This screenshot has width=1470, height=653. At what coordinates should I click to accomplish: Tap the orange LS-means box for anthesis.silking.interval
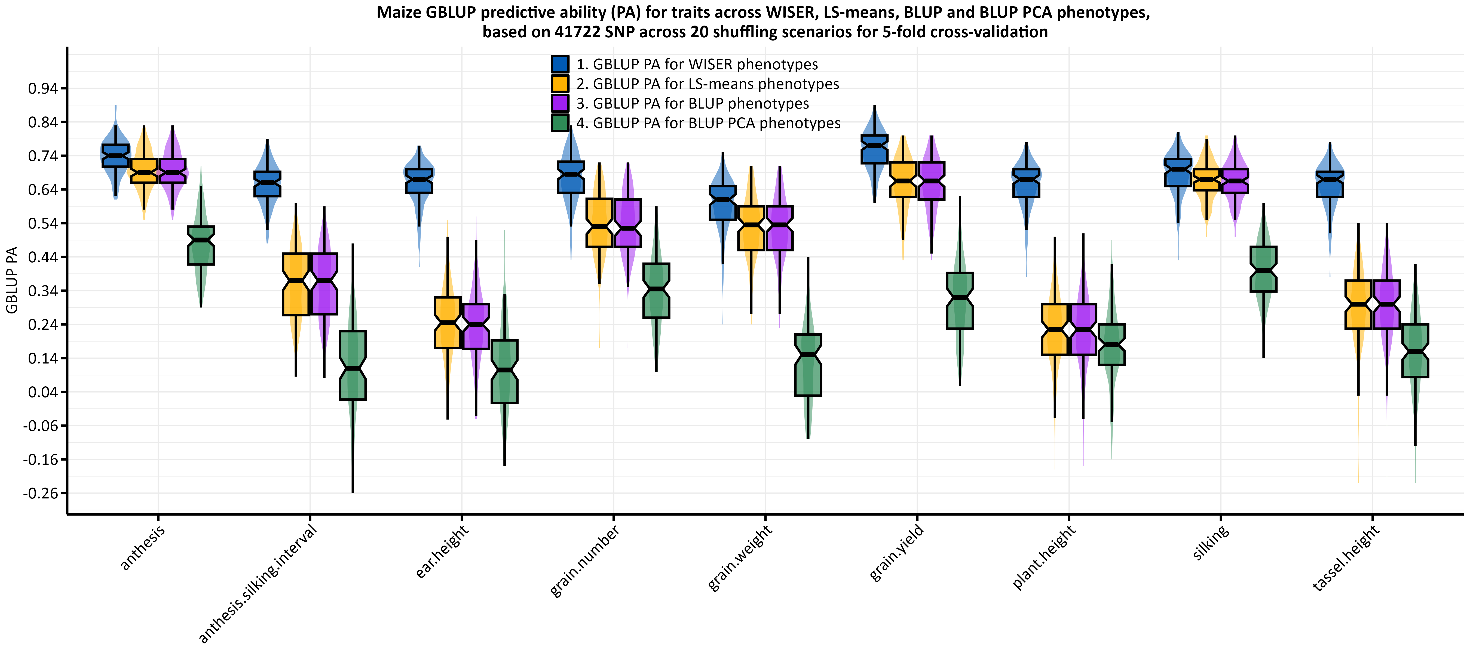click(x=296, y=284)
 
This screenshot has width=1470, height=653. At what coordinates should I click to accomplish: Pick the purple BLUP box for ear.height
click(x=476, y=326)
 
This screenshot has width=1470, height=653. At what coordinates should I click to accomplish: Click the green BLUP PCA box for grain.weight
click(x=808, y=365)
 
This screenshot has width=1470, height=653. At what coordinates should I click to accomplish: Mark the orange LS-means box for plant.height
click(x=1055, y=330)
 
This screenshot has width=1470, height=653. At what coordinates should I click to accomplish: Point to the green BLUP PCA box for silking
click(x=1263, y=269)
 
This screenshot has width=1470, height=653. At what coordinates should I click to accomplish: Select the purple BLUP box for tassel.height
click(x=1387, y=304)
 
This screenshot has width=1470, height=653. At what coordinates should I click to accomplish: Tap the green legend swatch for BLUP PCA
click(x=560, y=123)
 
